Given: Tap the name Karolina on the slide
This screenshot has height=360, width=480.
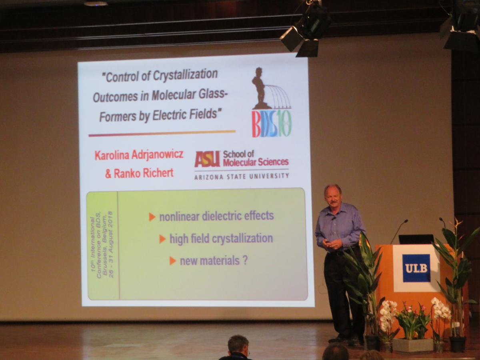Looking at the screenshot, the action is tap(112, 155).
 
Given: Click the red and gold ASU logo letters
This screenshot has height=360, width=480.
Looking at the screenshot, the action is tap(207, 159).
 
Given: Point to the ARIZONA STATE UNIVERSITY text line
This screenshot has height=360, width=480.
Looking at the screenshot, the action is tap(242, 176).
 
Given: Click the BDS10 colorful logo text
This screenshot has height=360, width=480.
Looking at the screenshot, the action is tap(271, 124).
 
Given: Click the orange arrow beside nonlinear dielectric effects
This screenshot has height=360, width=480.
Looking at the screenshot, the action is tap(152, 217).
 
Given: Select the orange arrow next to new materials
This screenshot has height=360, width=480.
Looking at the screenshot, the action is tap(173, 261).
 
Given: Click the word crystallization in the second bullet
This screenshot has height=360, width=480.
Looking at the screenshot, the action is tap(242, 239).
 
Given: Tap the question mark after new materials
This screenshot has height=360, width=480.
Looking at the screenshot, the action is tap(245, 260).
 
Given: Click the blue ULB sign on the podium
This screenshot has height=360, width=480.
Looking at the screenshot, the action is tap(416, 268).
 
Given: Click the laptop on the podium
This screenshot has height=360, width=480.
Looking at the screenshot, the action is tap(416, 239).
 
